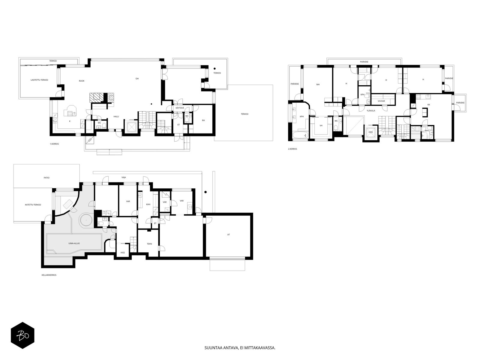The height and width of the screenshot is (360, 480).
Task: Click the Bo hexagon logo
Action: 22,335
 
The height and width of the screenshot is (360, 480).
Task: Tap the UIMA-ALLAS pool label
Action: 74,243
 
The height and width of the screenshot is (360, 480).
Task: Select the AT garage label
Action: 229,235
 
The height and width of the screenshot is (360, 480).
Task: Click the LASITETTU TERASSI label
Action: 39,80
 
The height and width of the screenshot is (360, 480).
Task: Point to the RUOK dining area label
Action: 82,81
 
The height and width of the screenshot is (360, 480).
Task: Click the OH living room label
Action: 137,79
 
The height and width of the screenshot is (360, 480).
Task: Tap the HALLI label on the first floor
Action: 116,116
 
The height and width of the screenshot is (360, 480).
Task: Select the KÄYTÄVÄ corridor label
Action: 180,108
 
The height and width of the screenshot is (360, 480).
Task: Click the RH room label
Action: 203,120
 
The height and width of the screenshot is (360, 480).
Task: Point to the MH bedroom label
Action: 318,84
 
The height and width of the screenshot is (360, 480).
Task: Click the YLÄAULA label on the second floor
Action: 371,111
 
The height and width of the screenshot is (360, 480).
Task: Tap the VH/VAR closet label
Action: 381,101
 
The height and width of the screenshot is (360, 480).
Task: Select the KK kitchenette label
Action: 429,105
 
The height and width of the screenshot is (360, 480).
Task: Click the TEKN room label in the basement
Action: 149,244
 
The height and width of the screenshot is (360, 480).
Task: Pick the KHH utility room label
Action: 148,204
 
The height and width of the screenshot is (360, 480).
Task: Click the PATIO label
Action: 46,178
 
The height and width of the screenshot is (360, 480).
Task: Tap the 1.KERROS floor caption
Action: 54,144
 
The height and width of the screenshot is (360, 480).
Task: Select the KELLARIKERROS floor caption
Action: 49,275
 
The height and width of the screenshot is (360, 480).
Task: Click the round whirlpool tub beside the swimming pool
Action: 85,220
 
